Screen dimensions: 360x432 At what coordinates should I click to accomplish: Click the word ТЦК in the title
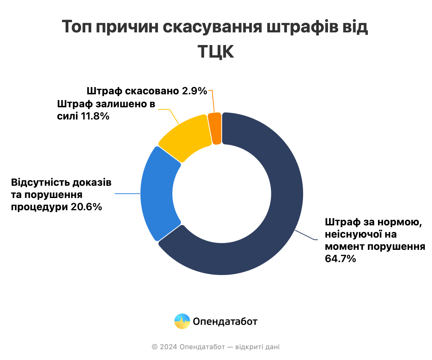point(216,52)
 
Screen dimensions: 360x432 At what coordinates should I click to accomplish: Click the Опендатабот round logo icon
point(182,321)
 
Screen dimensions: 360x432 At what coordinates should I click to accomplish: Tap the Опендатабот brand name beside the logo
point(225,321)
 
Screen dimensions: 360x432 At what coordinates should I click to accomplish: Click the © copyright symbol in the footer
point(155,347)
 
